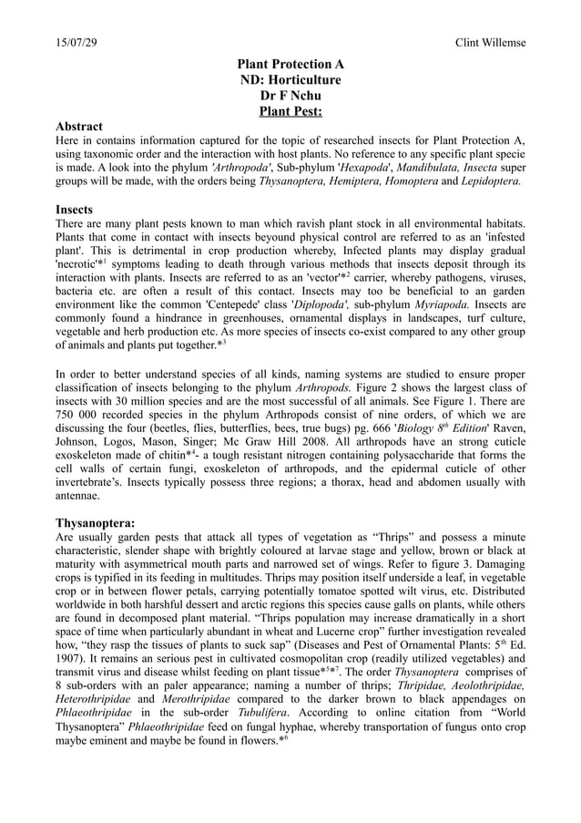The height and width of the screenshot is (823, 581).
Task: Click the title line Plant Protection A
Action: click(290, 65)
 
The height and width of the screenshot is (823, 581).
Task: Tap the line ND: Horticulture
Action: click(290, 81)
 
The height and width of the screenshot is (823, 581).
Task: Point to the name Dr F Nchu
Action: click(290, 98)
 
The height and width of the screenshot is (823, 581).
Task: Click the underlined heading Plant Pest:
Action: click(290, 114)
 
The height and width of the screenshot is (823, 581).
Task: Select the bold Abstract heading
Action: click(79, 126)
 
